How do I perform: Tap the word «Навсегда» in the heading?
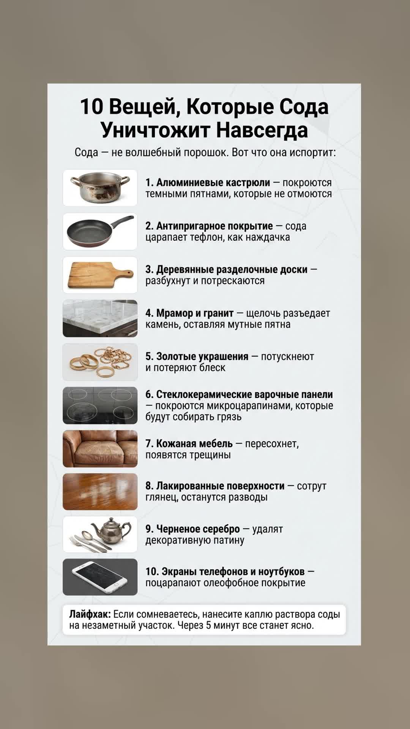(262, 130)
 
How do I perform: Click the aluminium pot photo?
(100, 188)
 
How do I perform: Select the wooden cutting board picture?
(100, 275)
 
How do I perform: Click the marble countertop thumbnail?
(100, 319)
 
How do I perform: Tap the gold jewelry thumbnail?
(100, 362)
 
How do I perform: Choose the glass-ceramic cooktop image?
(100, 406)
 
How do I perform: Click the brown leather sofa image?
(100, 449)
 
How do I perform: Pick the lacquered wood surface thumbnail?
(100, 492)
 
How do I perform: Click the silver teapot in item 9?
(107, 530)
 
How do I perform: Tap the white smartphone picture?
(100, 577)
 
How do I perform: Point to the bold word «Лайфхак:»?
(90, 614)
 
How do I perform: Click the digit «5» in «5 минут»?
(208, 625)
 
